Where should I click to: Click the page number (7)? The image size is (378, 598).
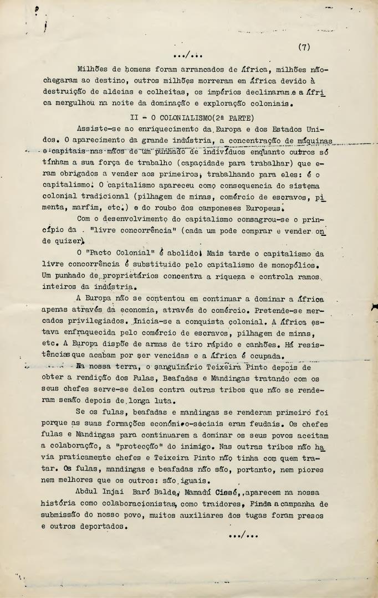(x=304, y=47)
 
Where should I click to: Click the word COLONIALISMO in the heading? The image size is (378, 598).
(x=177, y=118)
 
